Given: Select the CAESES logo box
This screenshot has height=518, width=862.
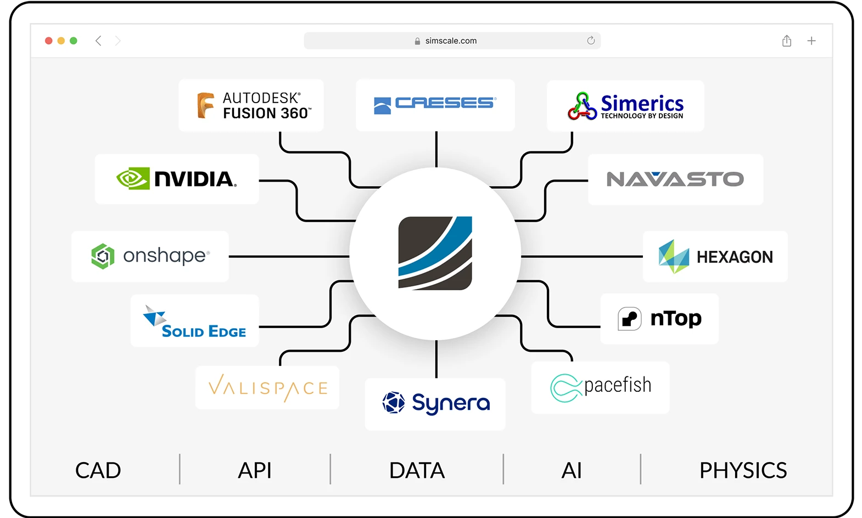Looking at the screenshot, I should (435, 104).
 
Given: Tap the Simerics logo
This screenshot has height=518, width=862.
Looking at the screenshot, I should (625, 106).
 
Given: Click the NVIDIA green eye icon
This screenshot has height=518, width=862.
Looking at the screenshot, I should (133, 178).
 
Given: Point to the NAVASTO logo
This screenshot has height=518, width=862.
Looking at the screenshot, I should (675, 179).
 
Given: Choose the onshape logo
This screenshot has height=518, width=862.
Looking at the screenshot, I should (150, 256).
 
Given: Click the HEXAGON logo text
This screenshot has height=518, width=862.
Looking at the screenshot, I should (735, 257).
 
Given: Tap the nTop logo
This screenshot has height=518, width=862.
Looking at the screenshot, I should (659, 319).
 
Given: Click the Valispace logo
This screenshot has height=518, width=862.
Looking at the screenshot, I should (267, 387).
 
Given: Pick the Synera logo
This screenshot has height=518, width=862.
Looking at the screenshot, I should (435, 403).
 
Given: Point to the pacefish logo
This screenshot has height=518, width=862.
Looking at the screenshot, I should (600, 387).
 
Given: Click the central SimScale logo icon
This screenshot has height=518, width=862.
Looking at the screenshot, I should (435, 253).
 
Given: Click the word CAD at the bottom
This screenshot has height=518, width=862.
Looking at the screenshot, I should (98, 470).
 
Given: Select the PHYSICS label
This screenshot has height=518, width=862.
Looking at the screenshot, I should (742, 470).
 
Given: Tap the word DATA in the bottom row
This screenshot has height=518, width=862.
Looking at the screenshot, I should (417, 470).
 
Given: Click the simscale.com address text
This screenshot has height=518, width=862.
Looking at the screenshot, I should (451, 41).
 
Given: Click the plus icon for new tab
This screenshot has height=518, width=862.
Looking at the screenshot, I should (811, 41).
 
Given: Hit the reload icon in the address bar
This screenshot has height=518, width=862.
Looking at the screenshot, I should (591, 41).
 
